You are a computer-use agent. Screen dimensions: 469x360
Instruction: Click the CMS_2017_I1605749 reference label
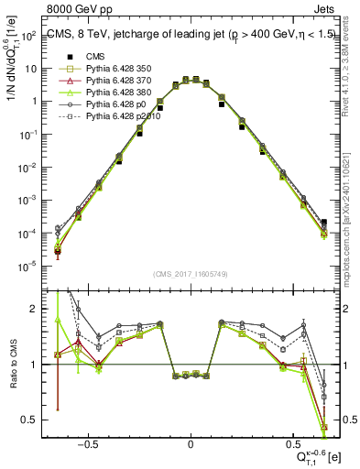point(191,274)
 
